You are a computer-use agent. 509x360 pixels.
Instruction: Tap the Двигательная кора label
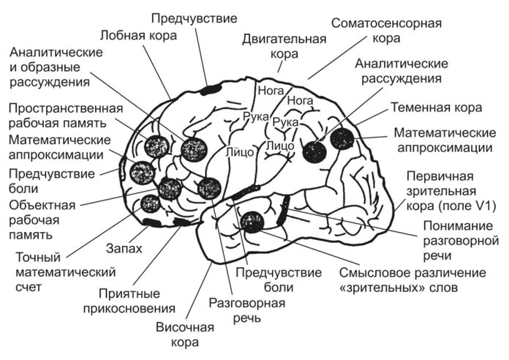tap(282, 45)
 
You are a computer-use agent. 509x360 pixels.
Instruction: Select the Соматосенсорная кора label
tap(386, 30)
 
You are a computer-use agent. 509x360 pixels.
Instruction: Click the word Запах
tap(124, 249)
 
